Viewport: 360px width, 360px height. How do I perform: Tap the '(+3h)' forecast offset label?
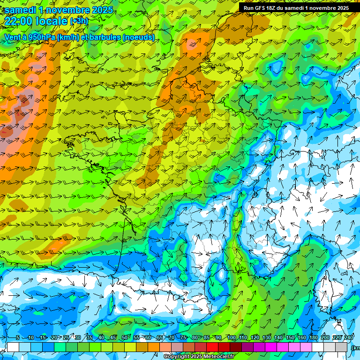(x=78, y=21)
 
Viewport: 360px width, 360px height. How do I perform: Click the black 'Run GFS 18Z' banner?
(x=296, y=7)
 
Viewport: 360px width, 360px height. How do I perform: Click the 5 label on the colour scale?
(x=18, y=338)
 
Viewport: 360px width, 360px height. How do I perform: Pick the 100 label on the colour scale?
(x=231, y=338)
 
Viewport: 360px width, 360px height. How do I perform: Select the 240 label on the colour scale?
(x=348, y=338)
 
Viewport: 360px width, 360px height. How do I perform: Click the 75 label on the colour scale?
(x=183, y=338)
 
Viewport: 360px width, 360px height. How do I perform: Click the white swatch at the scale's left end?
(x=13, y=347)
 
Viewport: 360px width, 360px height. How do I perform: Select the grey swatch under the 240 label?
(x=341, y=347)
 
